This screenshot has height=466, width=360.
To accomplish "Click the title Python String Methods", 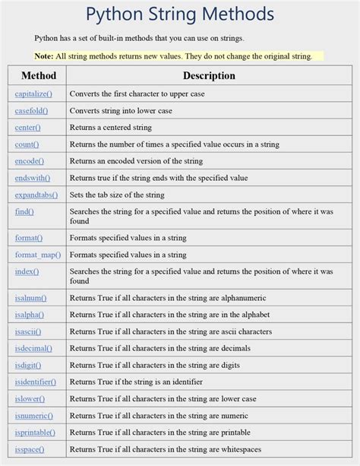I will [179, 14].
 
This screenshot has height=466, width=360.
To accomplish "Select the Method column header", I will [39, 75].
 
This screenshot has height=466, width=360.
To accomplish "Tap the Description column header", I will [209, 75].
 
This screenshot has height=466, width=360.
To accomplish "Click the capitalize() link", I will [33, 94].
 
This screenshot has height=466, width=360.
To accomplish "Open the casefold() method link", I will [31, 110].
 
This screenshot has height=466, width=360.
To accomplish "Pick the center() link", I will [28, 127].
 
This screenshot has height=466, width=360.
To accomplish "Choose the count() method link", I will [27, 144].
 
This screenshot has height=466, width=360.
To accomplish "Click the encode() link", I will [30, 160].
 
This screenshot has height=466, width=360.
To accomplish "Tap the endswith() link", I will [33, 177].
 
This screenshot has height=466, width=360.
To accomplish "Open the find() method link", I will [24, 211].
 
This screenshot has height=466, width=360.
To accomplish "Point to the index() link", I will [27, 271].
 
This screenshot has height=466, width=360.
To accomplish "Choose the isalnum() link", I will [31, 298].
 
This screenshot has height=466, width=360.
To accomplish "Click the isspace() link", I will [30, 449].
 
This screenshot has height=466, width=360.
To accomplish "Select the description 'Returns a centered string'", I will [111, 127].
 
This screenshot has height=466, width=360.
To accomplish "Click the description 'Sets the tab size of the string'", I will [117, 195].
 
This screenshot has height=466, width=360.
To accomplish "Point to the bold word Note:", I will [44, 55].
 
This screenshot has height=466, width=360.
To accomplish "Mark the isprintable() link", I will [34, 433].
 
